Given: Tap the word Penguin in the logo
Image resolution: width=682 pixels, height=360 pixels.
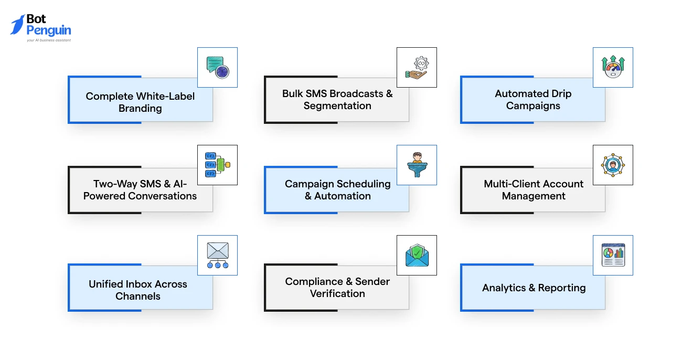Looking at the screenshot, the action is point(49,30).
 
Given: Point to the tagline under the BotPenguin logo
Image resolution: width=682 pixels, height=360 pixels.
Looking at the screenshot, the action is point(49,40).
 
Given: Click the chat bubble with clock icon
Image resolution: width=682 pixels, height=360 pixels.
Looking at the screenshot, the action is point(218,68).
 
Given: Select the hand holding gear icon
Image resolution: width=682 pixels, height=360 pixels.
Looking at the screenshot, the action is point(417,68).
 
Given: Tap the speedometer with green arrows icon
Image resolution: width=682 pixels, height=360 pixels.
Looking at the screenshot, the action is point(613,67).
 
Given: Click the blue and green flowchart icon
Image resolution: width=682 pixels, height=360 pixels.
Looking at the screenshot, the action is point(218,165).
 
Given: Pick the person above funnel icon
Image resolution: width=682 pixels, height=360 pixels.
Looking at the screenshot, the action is point(417,165).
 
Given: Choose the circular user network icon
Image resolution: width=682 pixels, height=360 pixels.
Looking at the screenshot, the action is point(613,165).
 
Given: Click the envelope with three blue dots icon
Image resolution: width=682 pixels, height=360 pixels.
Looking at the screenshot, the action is point(218,255).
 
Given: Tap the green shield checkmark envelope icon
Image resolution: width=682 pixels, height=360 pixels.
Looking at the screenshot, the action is point(417,255).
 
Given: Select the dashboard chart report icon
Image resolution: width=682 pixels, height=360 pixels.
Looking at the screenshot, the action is point(613,255).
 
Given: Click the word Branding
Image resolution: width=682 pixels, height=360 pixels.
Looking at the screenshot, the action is point(140,109).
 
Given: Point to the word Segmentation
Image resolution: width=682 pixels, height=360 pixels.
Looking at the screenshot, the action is point(337,105).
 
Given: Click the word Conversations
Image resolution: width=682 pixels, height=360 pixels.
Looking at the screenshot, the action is point(162,196).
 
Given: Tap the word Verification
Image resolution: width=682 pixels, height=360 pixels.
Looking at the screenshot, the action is point(337,293).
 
